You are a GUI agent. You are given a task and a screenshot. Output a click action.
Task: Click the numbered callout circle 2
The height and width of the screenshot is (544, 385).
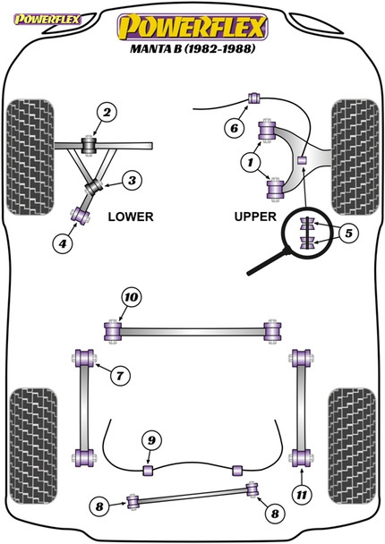point(107,113)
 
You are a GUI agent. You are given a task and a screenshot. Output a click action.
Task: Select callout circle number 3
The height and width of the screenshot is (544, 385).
point(132,181)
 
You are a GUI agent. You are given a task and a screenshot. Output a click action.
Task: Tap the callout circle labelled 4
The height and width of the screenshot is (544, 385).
point(62,244)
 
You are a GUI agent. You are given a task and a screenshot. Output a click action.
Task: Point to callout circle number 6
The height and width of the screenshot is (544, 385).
point(235,128)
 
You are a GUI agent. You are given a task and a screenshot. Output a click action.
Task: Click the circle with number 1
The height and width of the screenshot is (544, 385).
point(251,162)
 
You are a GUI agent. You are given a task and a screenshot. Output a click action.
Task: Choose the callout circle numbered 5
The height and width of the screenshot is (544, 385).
point(348,233)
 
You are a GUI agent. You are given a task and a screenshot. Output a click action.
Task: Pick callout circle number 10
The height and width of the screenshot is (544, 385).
point(132,297)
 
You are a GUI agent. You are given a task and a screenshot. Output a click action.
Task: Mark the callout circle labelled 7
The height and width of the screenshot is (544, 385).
point(120,376)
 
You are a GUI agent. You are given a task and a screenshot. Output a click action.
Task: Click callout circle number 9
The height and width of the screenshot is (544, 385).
point(151,440)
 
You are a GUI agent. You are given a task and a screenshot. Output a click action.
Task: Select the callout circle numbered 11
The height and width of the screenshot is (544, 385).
point(302,495)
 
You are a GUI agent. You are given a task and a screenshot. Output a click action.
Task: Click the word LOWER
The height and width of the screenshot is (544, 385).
point(131,217)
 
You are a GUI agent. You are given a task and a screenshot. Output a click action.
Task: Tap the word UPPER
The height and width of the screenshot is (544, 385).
point(255,217)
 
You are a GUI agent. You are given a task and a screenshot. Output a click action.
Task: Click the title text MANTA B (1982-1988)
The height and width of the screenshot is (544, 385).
point(192,48)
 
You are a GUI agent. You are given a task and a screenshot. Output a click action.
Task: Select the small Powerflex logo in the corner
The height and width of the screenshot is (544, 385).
point(47,20)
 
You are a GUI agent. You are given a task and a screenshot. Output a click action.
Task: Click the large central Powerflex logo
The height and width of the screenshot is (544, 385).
point(192,27)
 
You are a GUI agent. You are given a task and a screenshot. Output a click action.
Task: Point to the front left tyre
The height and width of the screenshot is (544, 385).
point(30,157)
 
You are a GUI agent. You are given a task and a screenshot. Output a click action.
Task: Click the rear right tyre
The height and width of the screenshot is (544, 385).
point(352,446)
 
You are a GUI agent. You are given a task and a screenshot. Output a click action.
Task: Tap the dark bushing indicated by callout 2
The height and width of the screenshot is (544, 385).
point(89,146)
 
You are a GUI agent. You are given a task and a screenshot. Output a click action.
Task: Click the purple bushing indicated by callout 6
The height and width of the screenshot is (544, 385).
point(254,98)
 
